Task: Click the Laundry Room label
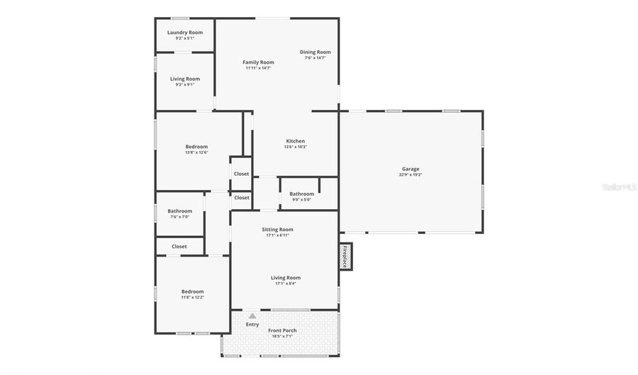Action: pyautogui.click(x=185, y=33)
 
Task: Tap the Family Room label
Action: pyautogui.click(x=258, y=62)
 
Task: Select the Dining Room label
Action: pyautogui.click(x=315, y=52)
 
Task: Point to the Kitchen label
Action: pyautogui.click(x=295, y=141)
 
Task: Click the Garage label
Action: pyautogui.click(x=410, y=169)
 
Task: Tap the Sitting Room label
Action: pyautogui.click(x=277, y=230)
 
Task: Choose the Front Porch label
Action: pyautogui.click(x=282, y=330)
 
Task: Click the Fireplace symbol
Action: pyautogui.click(x=345, y=256)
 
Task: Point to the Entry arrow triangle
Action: pyautogui.click(x=252, y=315)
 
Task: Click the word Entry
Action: pyautogui.click(x=252, y=325)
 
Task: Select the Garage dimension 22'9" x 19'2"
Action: pyautogui.click(x=410, y=174)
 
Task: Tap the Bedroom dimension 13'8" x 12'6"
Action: pyautogui.click(x=196, y=152)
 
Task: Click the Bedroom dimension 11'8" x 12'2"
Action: pyautogui.click(x=192, y=297)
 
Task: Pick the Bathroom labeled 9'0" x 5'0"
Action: pyautogui.click(x=301, y=199)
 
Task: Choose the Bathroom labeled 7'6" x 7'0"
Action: pyautogui.click(x=179, y=216)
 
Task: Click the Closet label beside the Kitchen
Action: pyautogui.click(x=241, y=174)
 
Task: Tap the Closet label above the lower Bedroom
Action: pyautogui.click(x=179, y=247)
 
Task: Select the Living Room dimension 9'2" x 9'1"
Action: pyautogui.click(x=184, y=84)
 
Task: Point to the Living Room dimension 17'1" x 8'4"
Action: pyautogui.click(x=286, y=284)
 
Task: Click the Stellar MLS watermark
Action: pyautogui.click(x=619, y=187)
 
